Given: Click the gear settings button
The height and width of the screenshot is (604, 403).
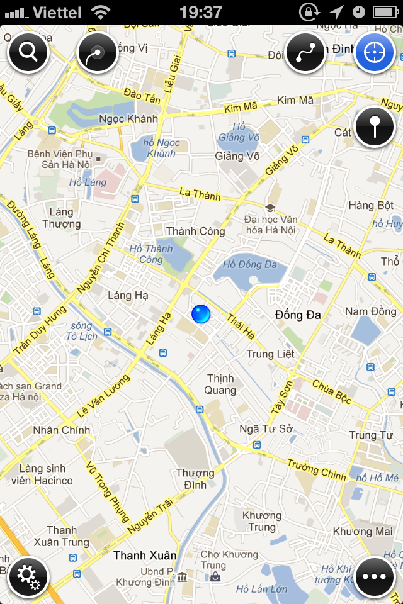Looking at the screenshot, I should click(x=28, y=576).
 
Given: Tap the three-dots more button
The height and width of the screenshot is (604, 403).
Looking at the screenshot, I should click(x=375, y=576).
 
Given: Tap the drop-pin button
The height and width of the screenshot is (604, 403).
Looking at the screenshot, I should click(x=375, y=126).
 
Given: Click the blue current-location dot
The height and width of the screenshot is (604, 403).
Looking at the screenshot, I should click(x=201, y=314).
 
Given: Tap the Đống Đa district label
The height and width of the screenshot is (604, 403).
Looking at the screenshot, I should click(x=298, y=314).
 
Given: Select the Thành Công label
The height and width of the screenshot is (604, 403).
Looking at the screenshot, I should click(x=195, y=231).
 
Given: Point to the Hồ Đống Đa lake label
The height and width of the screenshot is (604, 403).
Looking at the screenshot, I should click(x=250, y=264).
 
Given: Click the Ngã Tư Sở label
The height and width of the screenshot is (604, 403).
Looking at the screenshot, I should click(x=266, y=428).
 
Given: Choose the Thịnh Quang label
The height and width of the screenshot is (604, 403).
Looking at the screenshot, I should click(x=221, y=384).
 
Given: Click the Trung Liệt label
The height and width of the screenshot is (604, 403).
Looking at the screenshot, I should click(x=270, y=354).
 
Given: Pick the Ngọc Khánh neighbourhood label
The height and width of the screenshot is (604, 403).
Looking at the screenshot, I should click(x=128, y=120).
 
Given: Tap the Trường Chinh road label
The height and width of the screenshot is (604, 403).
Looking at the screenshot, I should click(x=316, y=469).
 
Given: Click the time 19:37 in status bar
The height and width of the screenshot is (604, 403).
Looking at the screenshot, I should click(x=200, y=12).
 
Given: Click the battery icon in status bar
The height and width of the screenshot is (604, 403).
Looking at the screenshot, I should click(x=385, y=12).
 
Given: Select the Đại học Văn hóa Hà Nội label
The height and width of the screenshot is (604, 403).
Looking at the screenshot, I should click(x=271, y=225).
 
